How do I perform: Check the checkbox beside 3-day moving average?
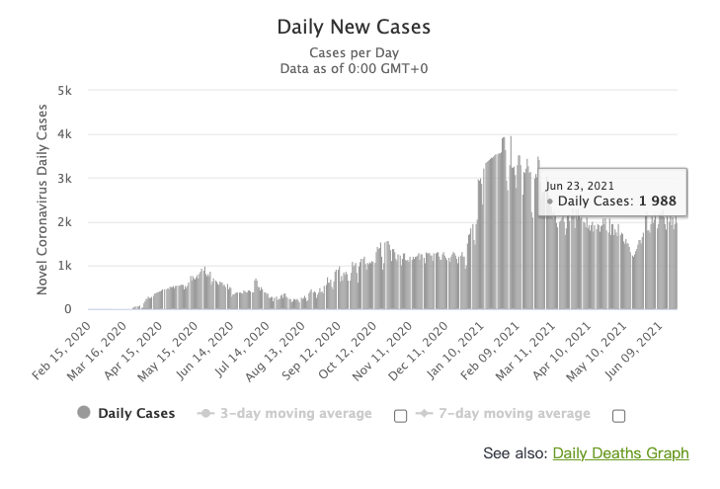pyautogui.click(x=400, y=415)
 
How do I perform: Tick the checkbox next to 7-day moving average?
pyautogui.click(x=618, y=415)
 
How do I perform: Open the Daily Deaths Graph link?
pyautogui.click(x=620, y=453)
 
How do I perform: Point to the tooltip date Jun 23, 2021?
pyautogui.click(x=580, y=183)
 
